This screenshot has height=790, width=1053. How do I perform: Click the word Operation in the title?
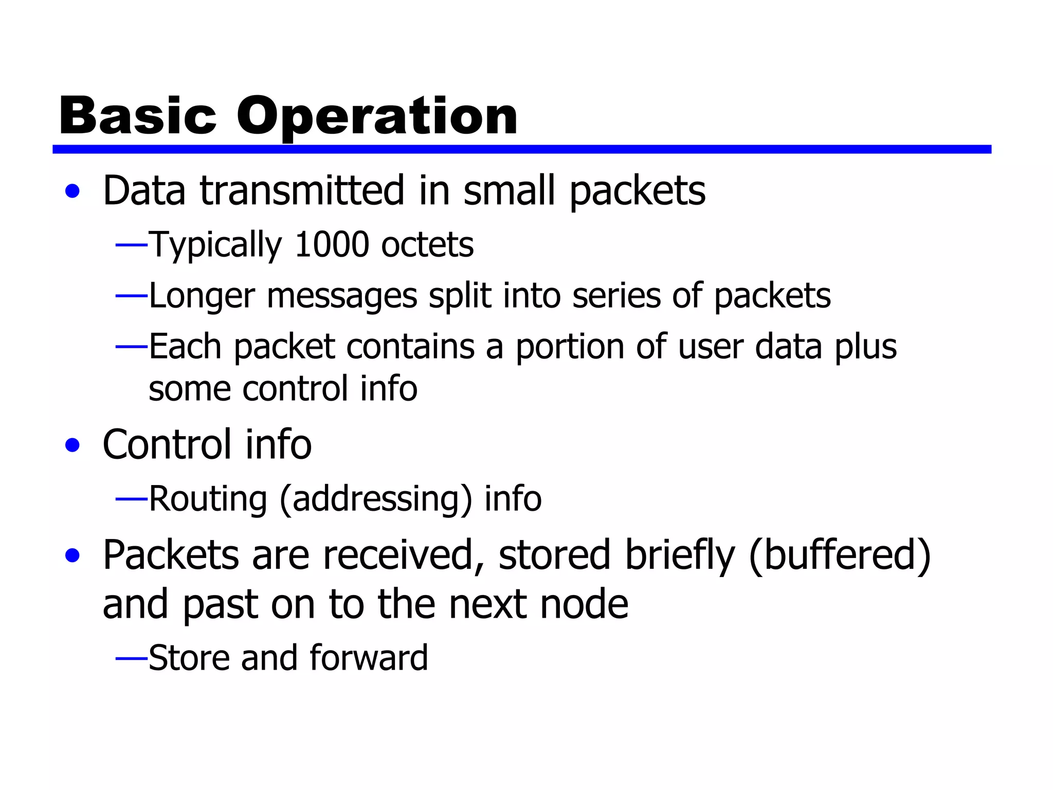click(377, 117)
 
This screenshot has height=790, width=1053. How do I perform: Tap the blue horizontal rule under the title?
click(521, 149)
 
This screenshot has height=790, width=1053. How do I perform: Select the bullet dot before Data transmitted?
click(72, 191)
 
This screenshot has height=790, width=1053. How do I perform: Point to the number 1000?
click(332, 244)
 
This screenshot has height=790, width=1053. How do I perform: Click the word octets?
click(427, 244)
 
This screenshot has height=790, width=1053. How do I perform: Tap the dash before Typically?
click(132, 246)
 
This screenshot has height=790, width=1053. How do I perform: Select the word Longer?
click(202, 296)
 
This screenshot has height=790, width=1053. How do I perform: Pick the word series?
click(616, 296)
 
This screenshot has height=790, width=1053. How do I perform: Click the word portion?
click(569, 347)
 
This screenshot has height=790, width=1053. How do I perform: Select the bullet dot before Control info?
click(72, 445)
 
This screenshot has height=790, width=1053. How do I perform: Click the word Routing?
click(208, 499)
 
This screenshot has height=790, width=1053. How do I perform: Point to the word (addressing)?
click(375, 499)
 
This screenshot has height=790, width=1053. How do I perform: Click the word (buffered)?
click(839, 555)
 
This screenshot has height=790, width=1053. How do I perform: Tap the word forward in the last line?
click(368, 658)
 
